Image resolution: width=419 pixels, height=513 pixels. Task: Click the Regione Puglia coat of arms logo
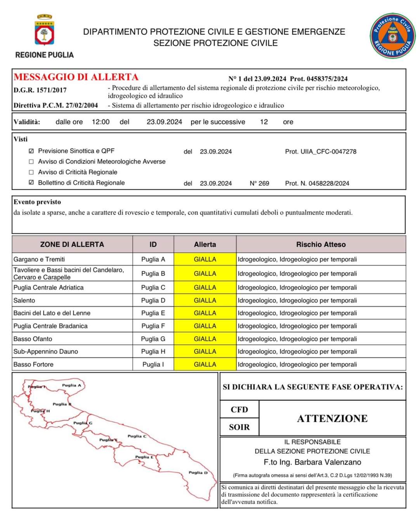pyautogui.click(x=45, y=31)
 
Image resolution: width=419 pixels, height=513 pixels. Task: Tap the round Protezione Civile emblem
pyautogui.click(x=392, y=36)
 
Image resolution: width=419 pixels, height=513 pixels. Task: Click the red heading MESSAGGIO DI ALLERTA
pyautogui.click(x=76, y=77)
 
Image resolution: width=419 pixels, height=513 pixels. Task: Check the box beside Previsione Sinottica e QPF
pyautogui.click(x=31, y=151)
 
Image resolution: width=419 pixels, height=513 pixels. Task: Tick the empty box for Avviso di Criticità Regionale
pyautogui.click(x=31, y=172)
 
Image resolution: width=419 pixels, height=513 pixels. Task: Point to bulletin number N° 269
pyautogui.click(x=259, y=183)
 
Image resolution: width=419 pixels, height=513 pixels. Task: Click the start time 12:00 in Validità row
pyautogui.click(x=100, y=122)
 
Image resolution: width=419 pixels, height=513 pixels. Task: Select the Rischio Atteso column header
pyautogui.click(x=321, y=244)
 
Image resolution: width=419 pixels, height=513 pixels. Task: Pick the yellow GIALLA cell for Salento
pyautogui.click(x=205, y=300)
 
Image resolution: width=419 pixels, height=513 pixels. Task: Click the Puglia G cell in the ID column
pyautogui.click(x=153, y=339)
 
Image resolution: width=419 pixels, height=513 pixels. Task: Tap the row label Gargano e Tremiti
pyautogui.click(x=39, y=259)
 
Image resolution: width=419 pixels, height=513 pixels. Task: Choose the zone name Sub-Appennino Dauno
pyautogui.click(x=46, y=352)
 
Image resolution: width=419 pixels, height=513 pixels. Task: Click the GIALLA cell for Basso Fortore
pyautogui.click(x=205, y=364)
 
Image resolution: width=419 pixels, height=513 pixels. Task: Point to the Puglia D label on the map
pyautogui.click(x=198, y=473)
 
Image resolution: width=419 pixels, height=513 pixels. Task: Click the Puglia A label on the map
pyautogui.click(x=71, y=385)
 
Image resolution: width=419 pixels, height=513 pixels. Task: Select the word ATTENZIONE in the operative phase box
pyautogui.click(x=332, y=418)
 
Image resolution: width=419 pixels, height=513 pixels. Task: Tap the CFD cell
pyautogui.click(x=239, y=409)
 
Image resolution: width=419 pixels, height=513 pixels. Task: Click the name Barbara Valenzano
pyautogui.click(x=328, y=462)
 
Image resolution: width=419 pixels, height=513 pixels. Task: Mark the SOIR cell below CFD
pyautogui.click(x=239, y=427)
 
